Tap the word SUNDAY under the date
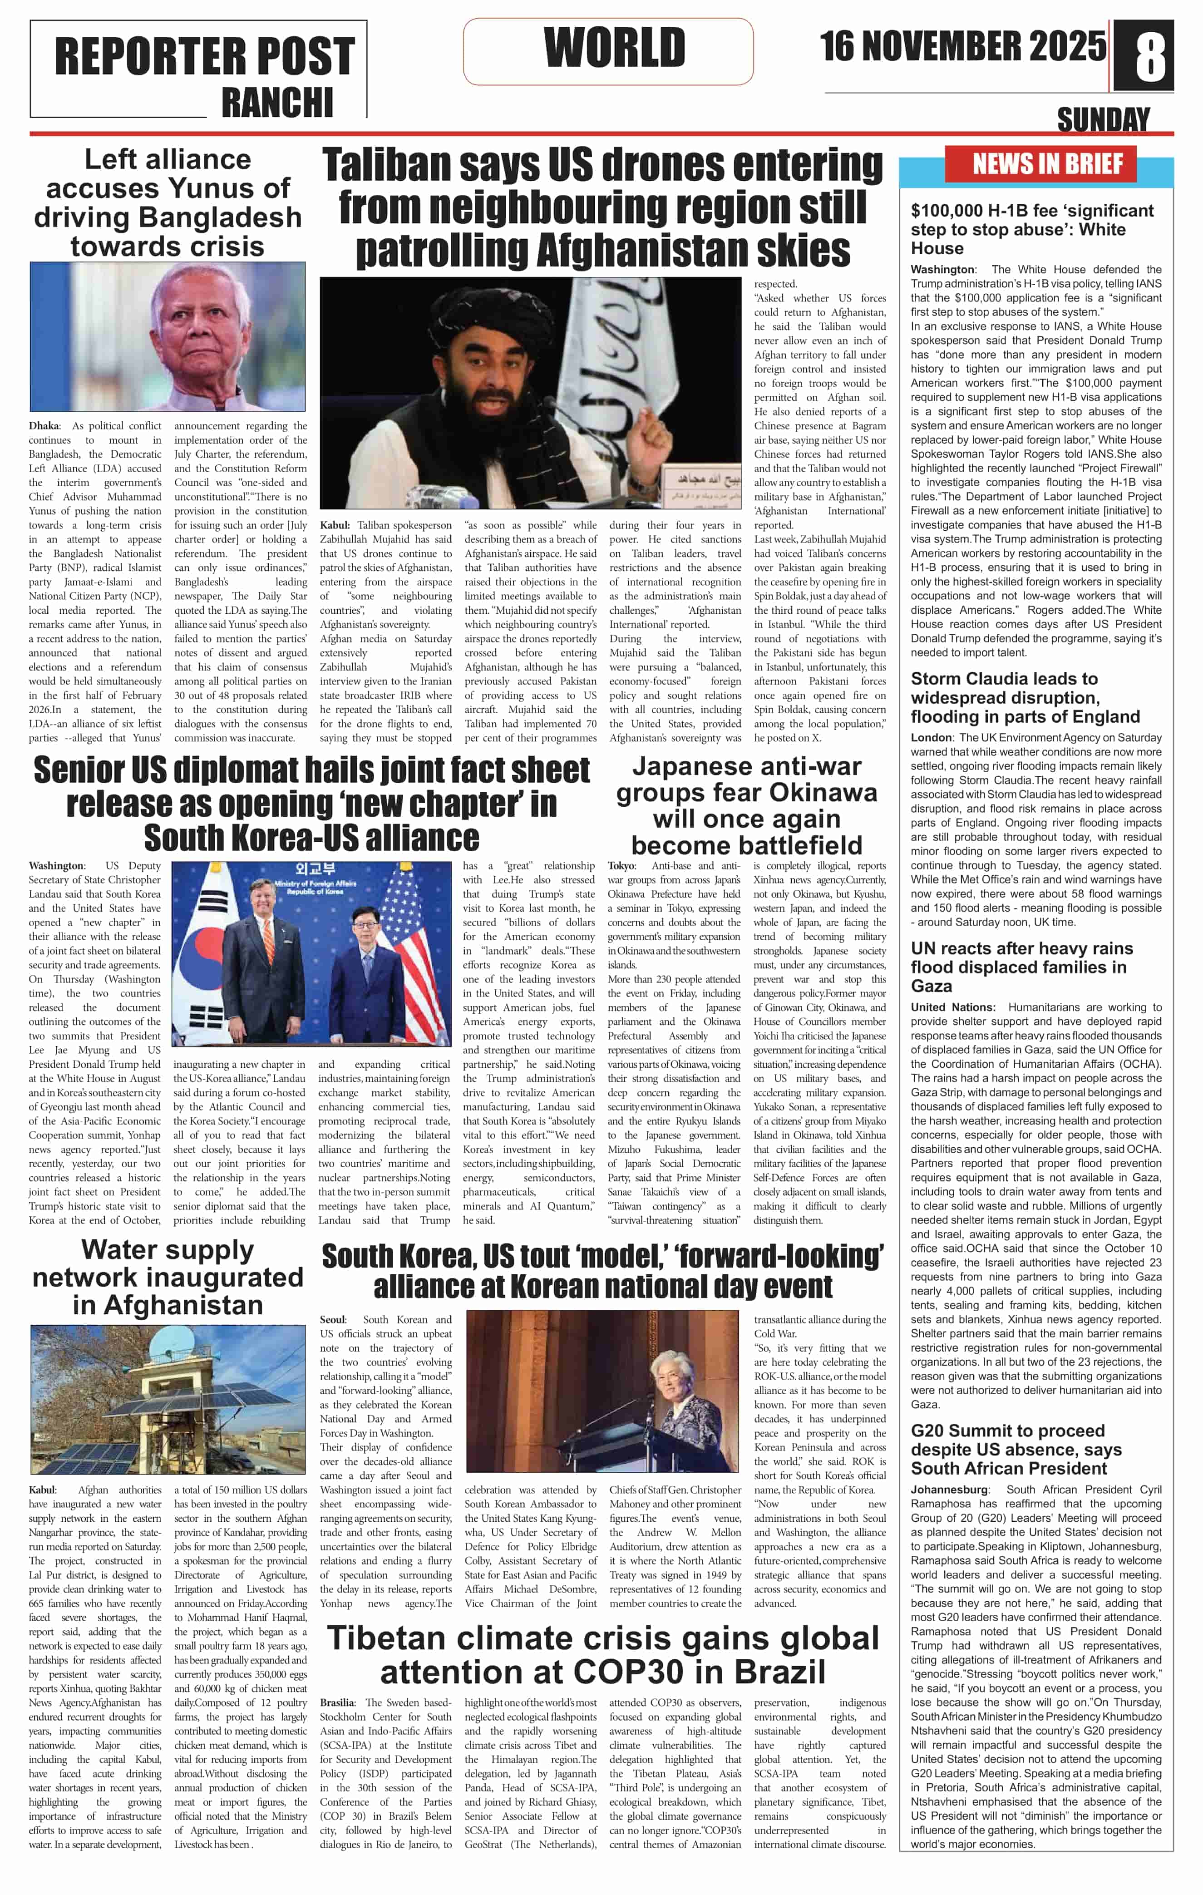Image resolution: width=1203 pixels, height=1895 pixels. pos(1103,119)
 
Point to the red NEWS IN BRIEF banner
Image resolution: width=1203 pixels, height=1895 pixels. pos(1047,164)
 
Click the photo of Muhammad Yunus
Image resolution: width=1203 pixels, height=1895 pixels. pos(168,337)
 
